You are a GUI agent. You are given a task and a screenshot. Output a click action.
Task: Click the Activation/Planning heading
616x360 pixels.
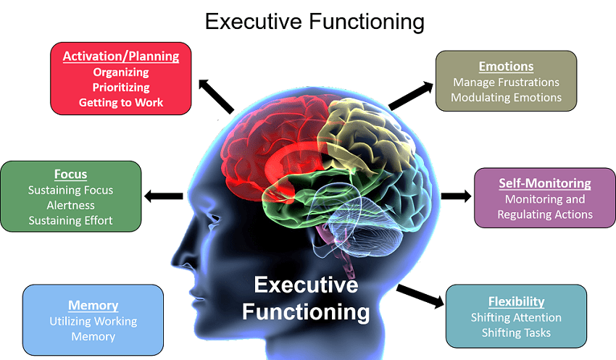(121, 56)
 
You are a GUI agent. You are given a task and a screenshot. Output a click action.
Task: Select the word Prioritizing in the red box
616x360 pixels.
(121, 87)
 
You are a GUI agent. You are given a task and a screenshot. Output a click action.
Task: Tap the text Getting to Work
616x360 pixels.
(121, 102)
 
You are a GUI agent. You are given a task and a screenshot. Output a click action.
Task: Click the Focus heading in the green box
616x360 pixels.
(70, 174)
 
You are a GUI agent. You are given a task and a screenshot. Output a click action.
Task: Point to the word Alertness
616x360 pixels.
(70, 205)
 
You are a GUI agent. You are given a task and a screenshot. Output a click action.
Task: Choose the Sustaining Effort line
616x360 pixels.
(70, 220)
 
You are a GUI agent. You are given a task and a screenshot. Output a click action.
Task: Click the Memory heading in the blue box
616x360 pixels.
(93, 305)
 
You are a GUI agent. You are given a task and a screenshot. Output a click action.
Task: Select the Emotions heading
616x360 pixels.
(506, 67)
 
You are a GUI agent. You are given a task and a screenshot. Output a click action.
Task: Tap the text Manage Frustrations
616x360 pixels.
(506, 82)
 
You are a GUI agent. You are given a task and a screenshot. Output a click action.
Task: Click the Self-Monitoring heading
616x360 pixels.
(545, 183)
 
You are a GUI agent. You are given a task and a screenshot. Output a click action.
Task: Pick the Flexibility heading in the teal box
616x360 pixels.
(516, 301)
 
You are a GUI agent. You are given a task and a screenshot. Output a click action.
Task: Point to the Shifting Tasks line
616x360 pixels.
(516, 332)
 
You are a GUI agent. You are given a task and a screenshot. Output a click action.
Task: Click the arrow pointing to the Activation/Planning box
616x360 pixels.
(216, 96)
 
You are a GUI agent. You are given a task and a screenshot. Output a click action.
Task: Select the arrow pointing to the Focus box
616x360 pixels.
(164, 196)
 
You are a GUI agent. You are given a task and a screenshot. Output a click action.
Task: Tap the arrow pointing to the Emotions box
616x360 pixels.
(408, 96)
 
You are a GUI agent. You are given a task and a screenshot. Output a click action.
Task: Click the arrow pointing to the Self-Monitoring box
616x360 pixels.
(456, 196)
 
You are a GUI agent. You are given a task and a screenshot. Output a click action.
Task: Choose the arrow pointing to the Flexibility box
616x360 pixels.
(420, 296)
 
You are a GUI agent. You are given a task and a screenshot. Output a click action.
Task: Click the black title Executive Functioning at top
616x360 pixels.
(315, 21)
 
